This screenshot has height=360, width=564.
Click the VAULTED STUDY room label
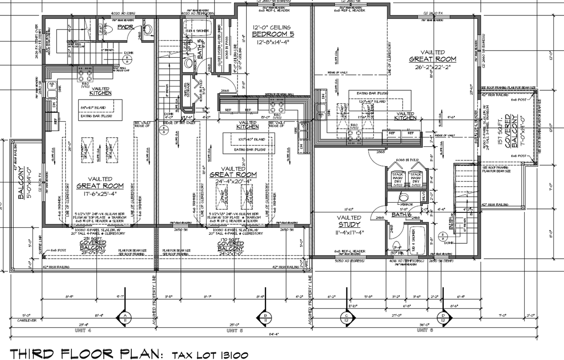tap(349, 221)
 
